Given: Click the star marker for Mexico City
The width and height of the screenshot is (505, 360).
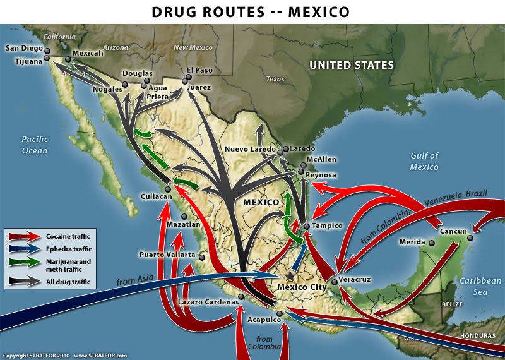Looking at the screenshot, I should tap(290, 276).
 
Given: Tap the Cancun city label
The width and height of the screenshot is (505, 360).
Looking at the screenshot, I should tap(453, 231).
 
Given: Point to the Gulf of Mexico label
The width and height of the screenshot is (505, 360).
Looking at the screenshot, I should tap(424, 161).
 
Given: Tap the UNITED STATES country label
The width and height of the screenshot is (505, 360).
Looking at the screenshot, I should tap(351, 65).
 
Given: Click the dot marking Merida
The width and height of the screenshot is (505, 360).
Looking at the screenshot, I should tap(432, 243).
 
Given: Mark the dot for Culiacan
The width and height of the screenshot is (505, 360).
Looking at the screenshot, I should tap(168, 189).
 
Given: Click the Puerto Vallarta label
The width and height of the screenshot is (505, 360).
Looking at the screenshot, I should tap(167, 255).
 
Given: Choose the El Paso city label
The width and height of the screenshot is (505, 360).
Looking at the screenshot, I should tap(199, 69).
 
